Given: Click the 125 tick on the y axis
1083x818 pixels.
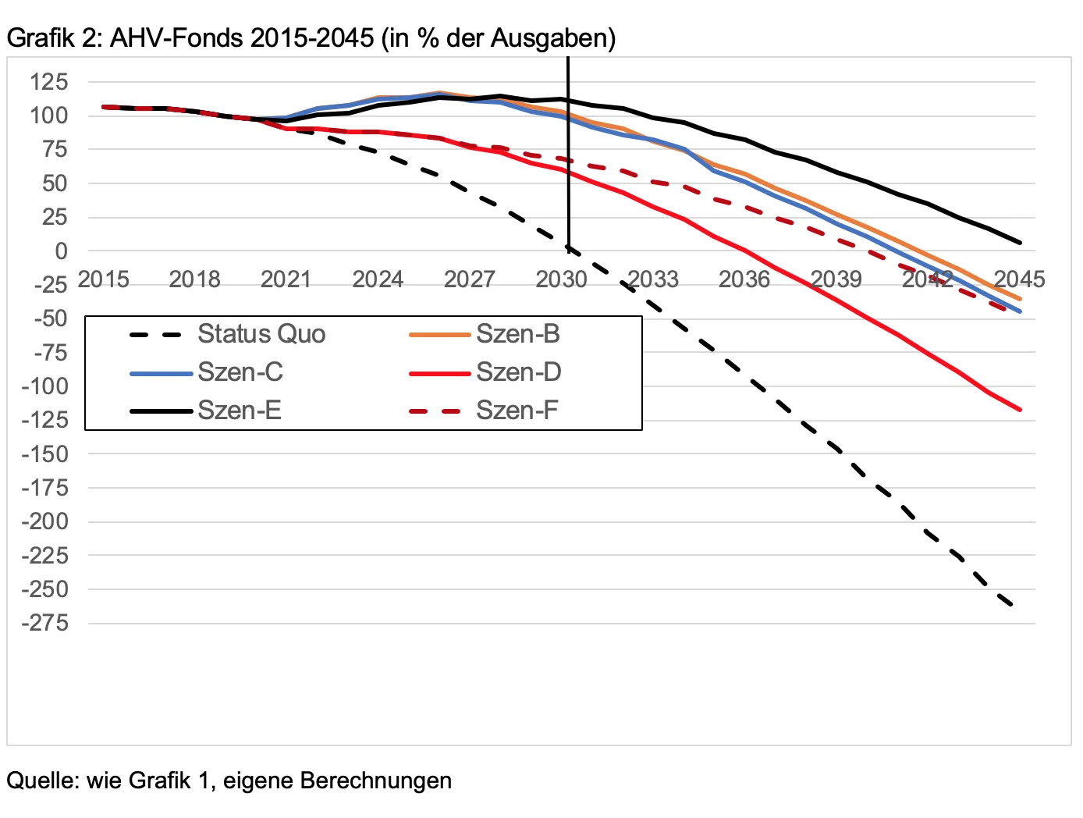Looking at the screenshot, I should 49,82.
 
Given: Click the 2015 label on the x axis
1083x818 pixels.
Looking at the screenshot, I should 103,279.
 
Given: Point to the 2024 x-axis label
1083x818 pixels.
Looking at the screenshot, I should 378,279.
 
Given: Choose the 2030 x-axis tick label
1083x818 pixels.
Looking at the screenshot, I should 561,279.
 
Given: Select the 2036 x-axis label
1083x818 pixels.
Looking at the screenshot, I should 744,279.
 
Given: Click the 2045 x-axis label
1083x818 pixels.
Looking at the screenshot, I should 1019,279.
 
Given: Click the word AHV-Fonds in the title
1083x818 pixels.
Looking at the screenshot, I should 176,37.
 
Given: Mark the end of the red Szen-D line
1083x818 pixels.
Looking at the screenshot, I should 1020,409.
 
